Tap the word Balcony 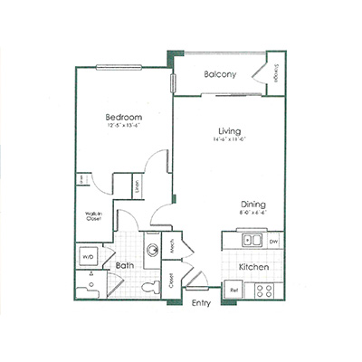220,74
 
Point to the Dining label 252,204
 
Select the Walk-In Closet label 92,217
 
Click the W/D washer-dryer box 90,257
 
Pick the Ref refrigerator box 233,290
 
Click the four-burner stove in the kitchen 266,290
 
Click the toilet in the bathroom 150,288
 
